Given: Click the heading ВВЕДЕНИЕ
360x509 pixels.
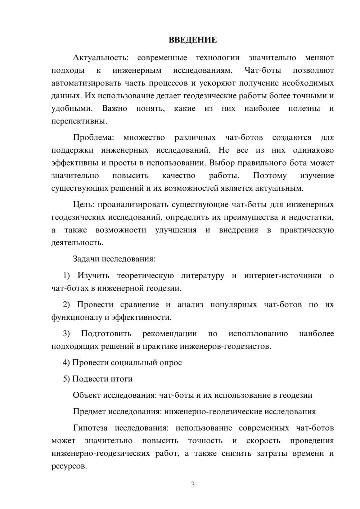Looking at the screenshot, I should pos(193,40).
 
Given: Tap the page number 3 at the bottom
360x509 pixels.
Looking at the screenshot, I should pos(193,485).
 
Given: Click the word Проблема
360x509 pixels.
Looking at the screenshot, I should pos(93,138).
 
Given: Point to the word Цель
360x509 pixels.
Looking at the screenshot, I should pos(84,205).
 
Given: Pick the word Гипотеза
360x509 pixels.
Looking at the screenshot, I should pos(90,428).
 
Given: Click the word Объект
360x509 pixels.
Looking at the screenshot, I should pos(87,395).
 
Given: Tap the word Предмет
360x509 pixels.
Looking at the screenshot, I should pos(89,411).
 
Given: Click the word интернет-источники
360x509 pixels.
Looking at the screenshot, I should pos(283,276).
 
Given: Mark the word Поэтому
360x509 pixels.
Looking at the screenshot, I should pos(270,176).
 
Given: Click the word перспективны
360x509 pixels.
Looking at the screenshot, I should pos(79,121).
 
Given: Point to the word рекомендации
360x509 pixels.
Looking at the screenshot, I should pos(170,334).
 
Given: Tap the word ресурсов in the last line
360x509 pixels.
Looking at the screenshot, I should pos(69,466).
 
